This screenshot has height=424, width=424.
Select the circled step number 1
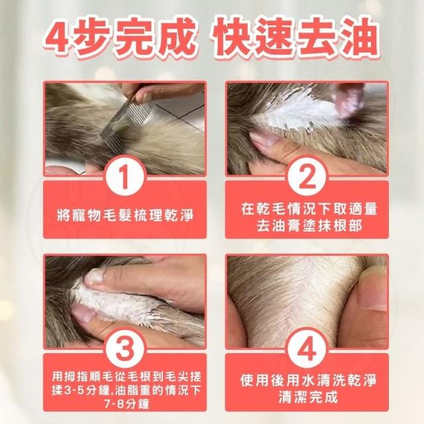125,177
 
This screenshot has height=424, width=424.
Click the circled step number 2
307,177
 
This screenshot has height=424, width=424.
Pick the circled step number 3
125,348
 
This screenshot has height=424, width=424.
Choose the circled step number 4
307,348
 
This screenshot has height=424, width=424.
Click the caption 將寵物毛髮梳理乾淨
125,216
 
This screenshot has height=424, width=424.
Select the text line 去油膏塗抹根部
309,226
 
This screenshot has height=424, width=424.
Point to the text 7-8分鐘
127,405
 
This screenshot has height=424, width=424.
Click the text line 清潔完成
309,397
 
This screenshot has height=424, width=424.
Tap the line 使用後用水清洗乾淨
308,380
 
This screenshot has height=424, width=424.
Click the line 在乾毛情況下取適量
309,209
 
